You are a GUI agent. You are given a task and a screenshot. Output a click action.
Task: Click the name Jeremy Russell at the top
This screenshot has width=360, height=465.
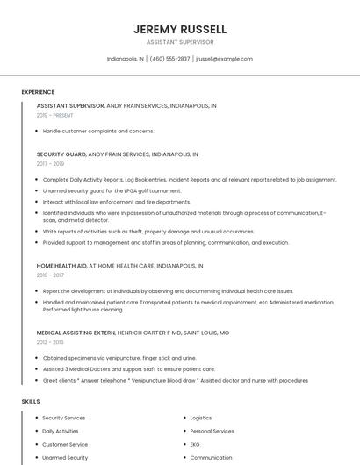coord(180,30)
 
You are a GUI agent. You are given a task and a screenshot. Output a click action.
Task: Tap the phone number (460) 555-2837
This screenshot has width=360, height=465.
coord(169,59)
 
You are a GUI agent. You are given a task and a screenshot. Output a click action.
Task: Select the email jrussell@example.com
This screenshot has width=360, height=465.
coord(224,59)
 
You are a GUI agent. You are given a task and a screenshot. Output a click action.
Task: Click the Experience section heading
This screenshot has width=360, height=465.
coord(38,92)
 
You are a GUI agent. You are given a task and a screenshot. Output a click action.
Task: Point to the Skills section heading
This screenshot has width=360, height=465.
coord(31,401)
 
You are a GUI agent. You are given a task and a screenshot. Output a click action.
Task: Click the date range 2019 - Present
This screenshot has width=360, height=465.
coord(54,115)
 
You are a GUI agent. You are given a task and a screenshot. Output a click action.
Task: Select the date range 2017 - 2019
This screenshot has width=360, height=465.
coord(50,163)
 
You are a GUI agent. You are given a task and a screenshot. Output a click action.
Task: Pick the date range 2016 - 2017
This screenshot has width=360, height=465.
coord(50,275)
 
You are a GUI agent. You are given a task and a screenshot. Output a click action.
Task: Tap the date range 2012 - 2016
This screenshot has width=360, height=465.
coord(50,342)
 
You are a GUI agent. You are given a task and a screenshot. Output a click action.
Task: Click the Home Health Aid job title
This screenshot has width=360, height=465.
coord(61,265)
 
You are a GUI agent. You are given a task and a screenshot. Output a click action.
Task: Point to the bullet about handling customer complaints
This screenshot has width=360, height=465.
coord(98,131)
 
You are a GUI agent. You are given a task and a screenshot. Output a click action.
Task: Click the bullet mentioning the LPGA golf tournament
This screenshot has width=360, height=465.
coord(112,190)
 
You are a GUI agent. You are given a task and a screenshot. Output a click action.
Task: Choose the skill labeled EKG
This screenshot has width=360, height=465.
coord(196,444)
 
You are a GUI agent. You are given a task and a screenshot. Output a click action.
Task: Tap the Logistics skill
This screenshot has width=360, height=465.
coord(201,418)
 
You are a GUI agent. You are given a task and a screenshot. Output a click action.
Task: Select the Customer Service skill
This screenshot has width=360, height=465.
coord(65,444)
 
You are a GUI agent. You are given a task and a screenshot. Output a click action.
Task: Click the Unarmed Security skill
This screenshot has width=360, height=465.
coord(65,457)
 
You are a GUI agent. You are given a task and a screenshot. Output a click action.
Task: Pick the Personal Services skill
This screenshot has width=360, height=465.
coord(212,431)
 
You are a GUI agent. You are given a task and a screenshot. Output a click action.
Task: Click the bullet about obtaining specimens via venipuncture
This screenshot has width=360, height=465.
coord(119,358)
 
